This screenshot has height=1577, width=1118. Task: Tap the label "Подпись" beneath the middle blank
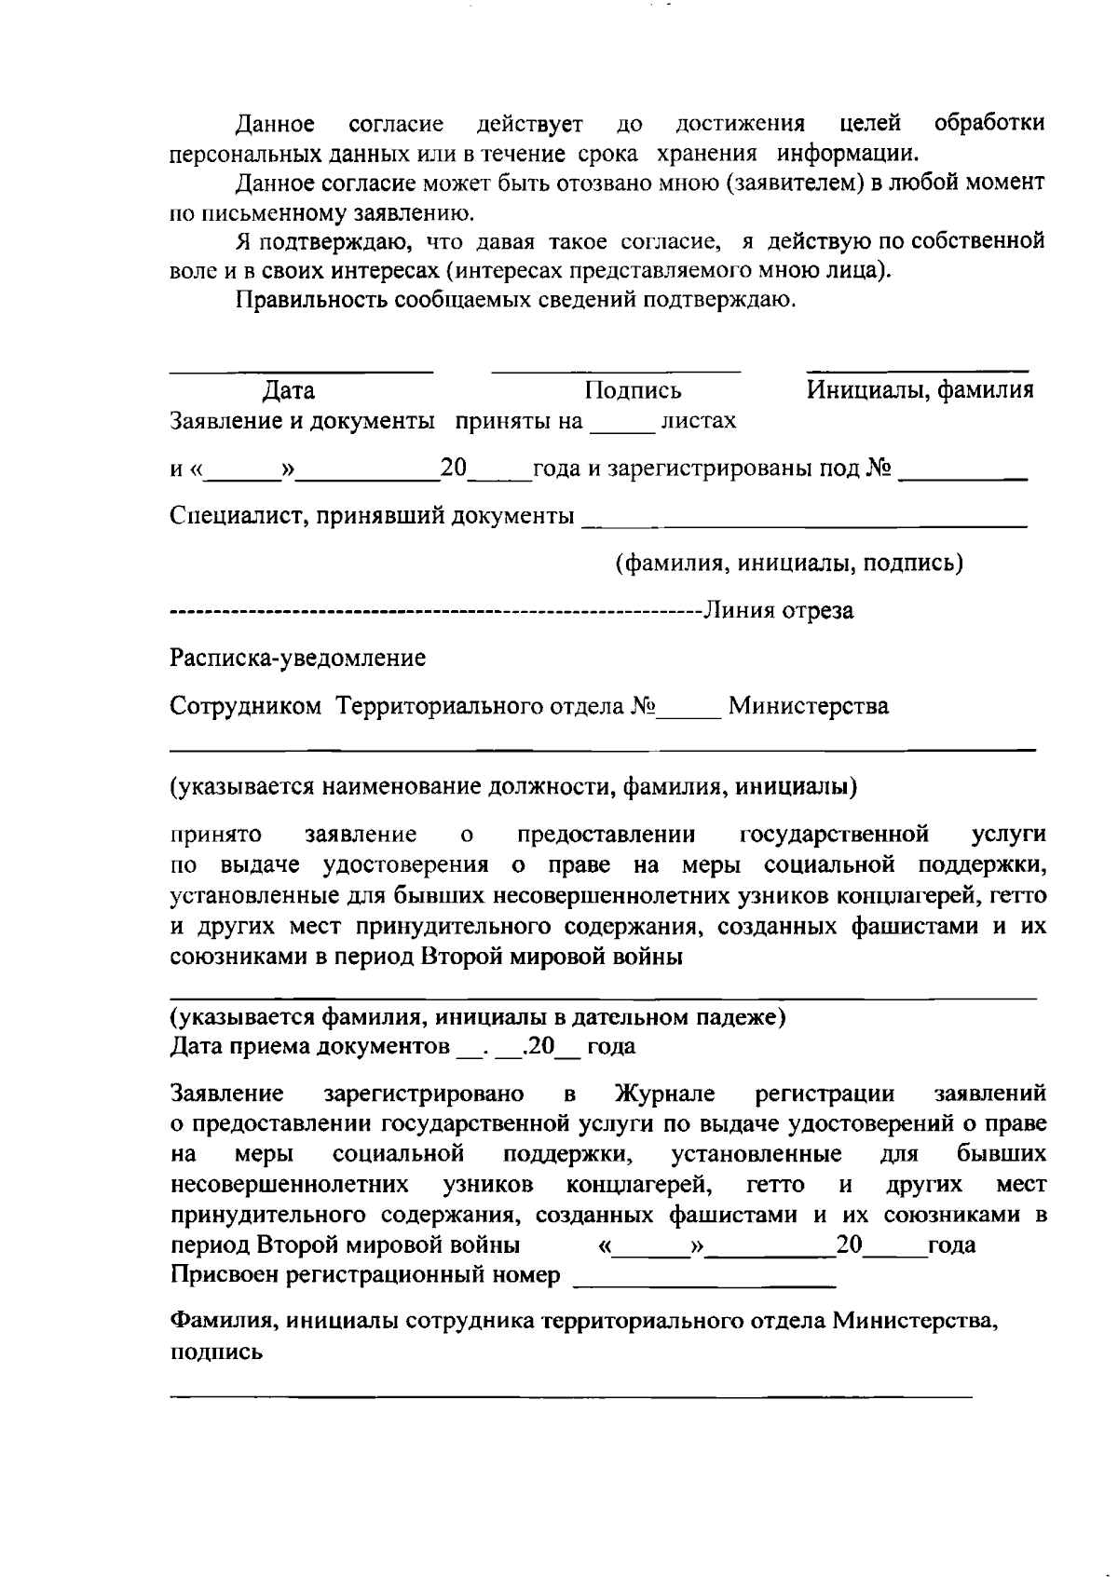coord(633,390)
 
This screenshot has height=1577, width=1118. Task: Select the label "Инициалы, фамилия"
coord(920,390)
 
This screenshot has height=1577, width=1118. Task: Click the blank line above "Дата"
coord(301,371)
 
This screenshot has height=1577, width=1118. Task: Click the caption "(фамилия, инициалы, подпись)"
coord(788,564)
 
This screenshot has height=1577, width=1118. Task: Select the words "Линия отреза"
coord(777,612)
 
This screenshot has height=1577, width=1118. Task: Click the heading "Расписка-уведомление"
coord(297,659)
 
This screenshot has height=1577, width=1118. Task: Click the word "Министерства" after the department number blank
coord(808,707)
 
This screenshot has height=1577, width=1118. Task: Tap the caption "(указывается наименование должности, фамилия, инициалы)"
coord(513,787)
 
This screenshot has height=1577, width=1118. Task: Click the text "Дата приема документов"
coord(309,1047)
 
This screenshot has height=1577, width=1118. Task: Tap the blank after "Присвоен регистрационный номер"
coord(704,1285)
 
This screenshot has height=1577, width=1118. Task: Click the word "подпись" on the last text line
coord(216,1353)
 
